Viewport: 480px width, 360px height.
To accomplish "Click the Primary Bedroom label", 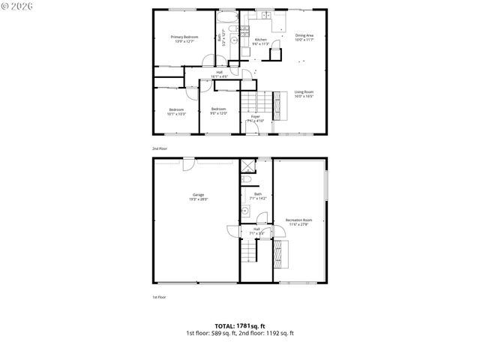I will [184, 38].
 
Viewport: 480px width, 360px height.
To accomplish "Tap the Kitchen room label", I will [260, 41].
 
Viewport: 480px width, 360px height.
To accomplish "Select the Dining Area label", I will [304, 37].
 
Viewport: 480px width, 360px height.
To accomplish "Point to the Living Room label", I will [304, 94].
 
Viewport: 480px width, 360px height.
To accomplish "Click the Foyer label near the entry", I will [256, 117].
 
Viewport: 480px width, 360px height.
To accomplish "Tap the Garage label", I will [197, 197].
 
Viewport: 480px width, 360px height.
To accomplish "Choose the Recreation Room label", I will [299, 221].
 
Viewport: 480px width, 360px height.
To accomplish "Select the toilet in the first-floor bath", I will [246, 181].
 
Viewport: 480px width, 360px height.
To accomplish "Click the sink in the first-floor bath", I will [244, 211].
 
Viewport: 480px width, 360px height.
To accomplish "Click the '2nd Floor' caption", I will [160, 149].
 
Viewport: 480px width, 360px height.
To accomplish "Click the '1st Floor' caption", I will [160, 297].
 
